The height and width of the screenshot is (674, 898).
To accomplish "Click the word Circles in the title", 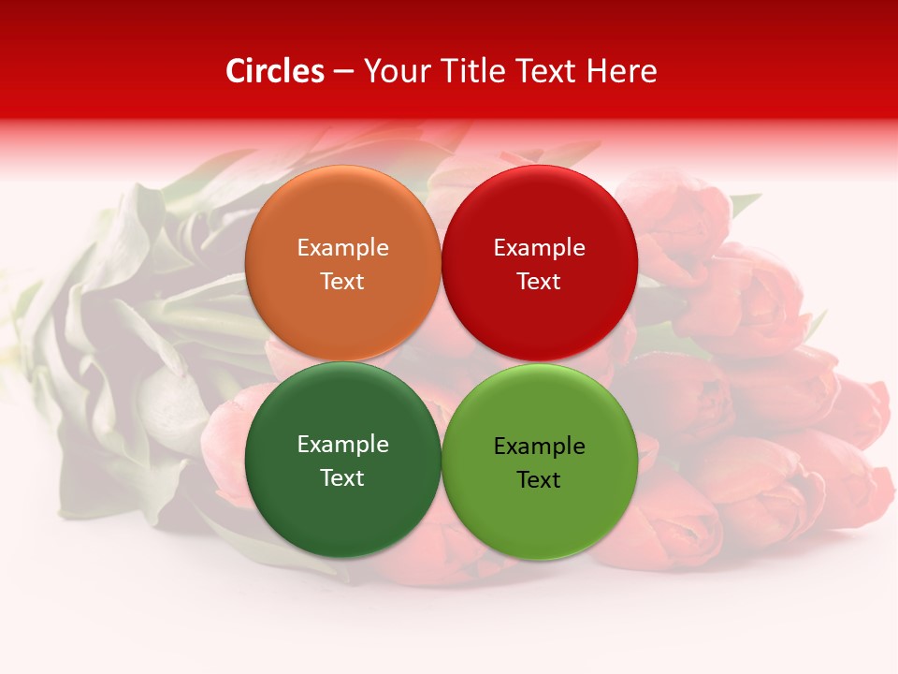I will (x=274, y=71).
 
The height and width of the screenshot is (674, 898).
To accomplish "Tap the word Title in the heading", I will (x=464, y=71).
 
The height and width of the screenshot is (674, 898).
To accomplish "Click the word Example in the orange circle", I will (x=342, y=247).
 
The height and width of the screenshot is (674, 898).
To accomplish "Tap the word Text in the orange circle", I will (x=342, y=281).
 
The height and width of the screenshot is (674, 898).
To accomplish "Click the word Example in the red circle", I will (x=539, y=247).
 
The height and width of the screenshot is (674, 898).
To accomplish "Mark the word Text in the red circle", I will (x=539, y=281).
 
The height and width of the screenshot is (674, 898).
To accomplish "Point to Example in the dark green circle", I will (x=342, y=444).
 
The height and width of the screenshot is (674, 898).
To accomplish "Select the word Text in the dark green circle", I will (x=342, y=477).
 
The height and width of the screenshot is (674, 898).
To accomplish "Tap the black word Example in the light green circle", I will (x=539, y=446).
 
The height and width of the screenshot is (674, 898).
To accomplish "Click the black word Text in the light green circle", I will (x=539, y=479).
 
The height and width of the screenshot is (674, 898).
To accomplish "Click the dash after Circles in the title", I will (x=343, y=72).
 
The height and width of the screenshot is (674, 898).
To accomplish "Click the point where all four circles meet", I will (x=441, y=362).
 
